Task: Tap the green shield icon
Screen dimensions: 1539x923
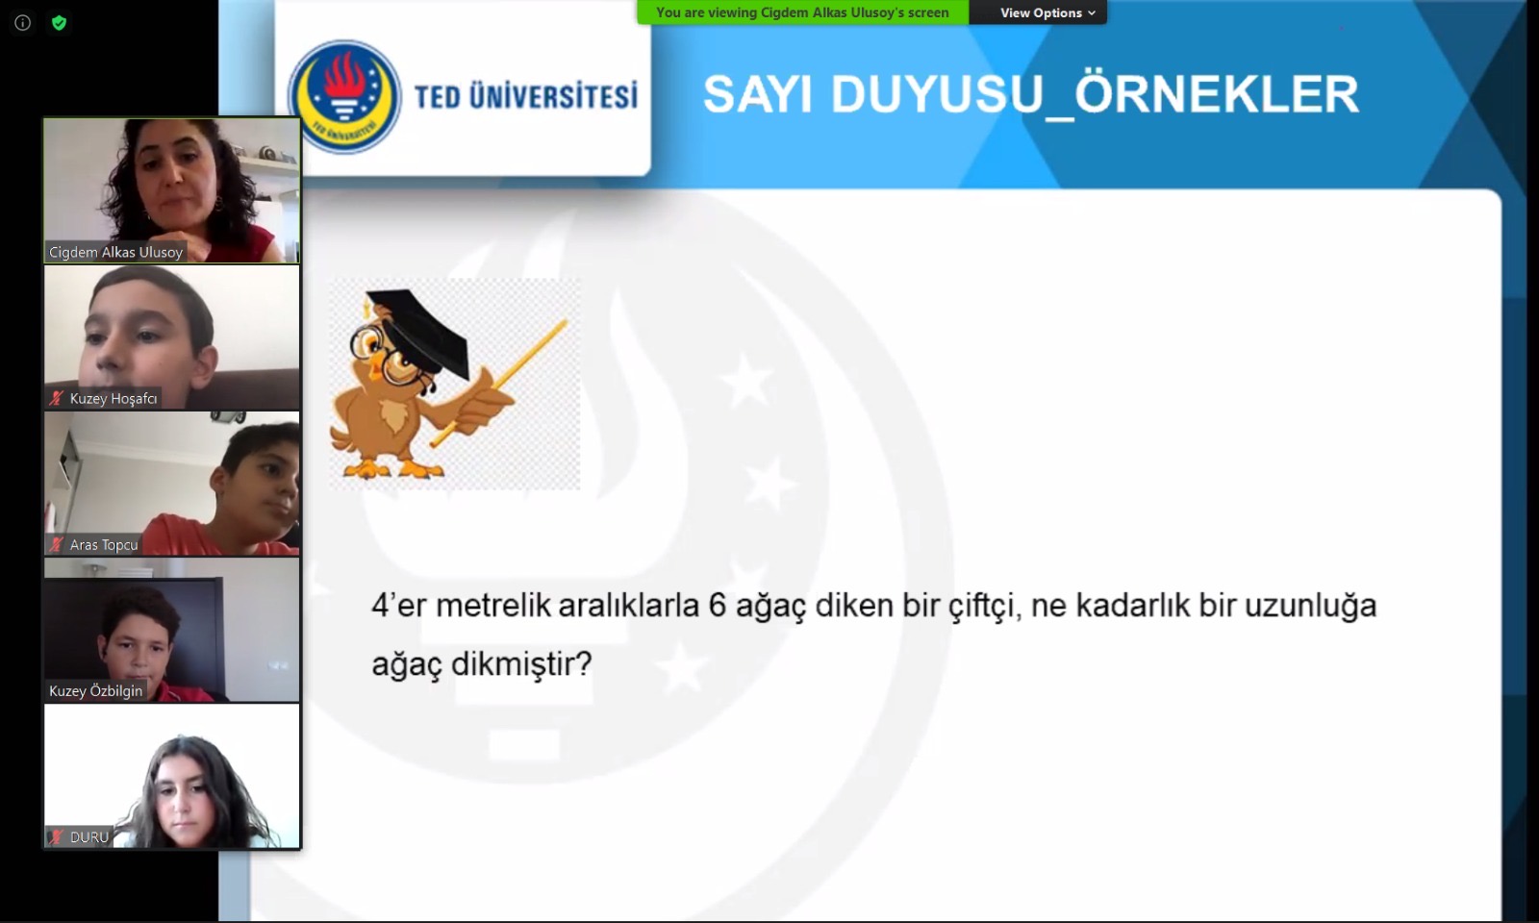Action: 59,23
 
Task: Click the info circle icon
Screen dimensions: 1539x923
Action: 23,23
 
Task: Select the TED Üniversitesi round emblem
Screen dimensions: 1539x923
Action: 345,97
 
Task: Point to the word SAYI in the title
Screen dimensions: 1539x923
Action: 760,94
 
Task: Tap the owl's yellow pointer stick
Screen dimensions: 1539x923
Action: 499,384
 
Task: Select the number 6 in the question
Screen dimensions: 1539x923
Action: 718,606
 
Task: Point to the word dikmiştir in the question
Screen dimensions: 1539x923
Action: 520,664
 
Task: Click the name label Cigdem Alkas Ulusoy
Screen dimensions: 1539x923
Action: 116,252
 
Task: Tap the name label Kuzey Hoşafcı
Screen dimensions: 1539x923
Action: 114,398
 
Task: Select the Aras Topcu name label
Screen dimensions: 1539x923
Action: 104,544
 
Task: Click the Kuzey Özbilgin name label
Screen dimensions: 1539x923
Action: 95,691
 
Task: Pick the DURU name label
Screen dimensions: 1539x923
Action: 89,837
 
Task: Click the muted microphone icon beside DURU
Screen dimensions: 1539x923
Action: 57,837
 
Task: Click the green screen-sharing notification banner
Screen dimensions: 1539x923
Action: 802,12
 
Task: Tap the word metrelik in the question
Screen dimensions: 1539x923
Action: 493,606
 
